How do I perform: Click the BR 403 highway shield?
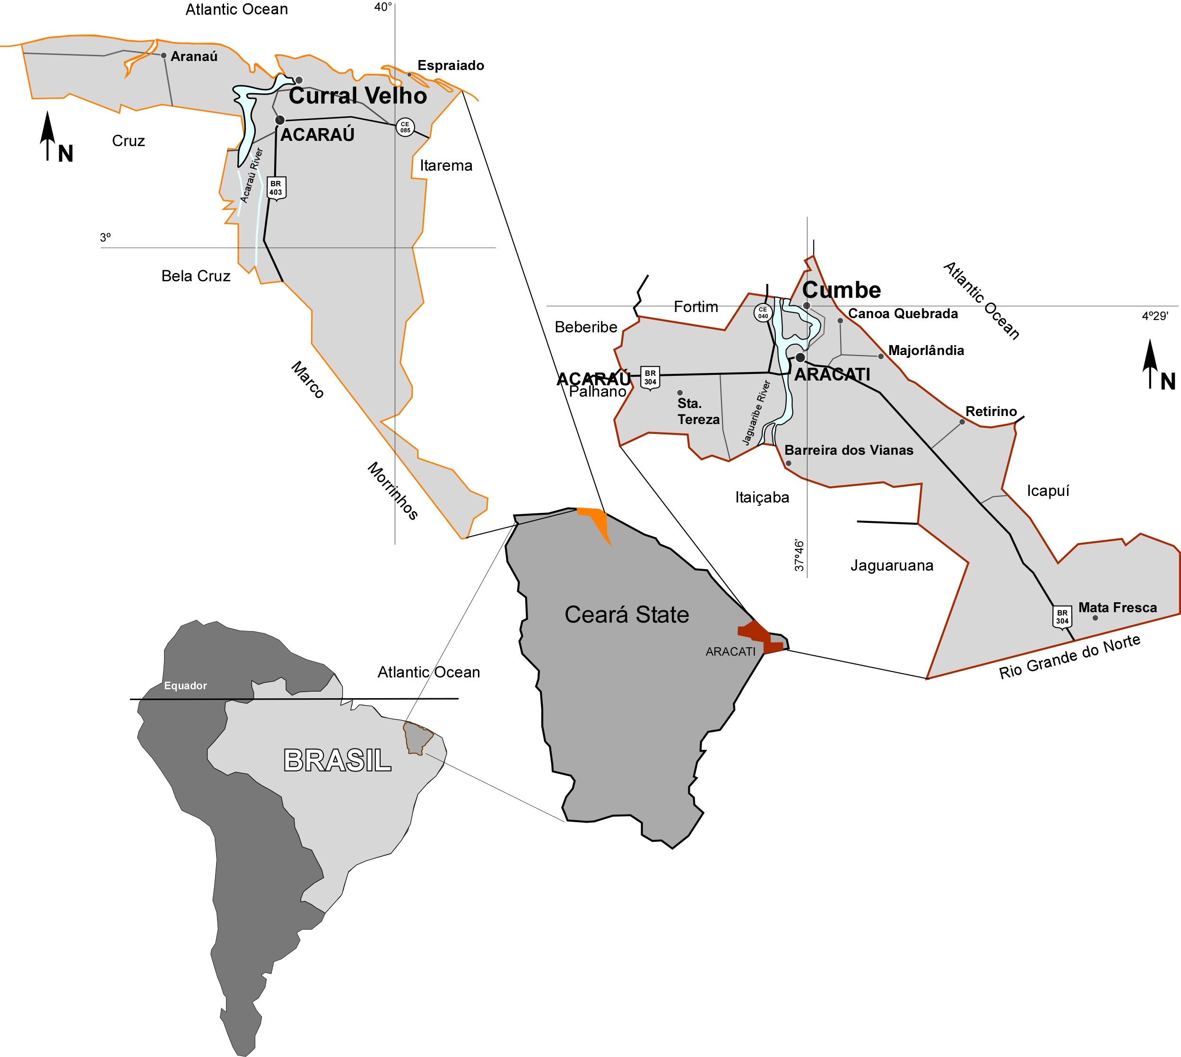tap(276, 188)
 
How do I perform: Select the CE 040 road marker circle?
tap(762, 313)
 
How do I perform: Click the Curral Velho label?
tap(358, 96)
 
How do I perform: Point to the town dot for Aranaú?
tap(164, 56)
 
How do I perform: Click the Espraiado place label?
tap(451, 65)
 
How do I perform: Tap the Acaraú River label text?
tap(252, 175)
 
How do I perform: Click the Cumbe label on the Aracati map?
tap(841, 290)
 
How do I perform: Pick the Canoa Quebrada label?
tap(903, 313)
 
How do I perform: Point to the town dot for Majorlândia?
tap(881, 356)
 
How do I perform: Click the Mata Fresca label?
tap(1117, 607)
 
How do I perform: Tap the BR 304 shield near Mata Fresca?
tap(1062, 617)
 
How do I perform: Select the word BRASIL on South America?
tap(338, 760)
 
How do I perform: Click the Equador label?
tap(185, 686)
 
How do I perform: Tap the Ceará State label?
tap(626, 615)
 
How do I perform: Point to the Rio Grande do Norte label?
tap(1069, 657)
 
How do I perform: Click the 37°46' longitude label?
tap(799, 555)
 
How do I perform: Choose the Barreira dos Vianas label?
tap(848, 450)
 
